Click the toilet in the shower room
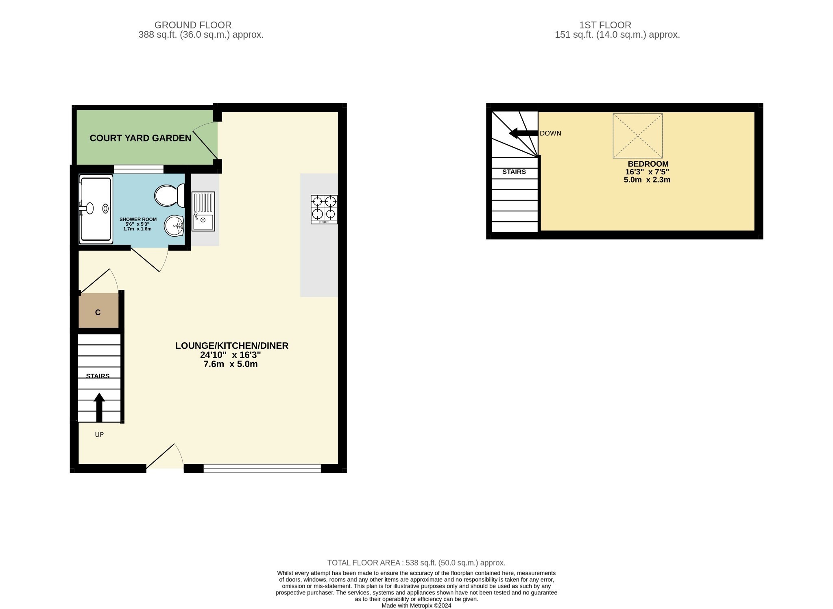(x=170, y=196)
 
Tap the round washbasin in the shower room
(x=174, y=225)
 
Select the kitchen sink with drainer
(x=203, y=211)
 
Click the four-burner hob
(x=324, y=209)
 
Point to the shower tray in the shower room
(x=96, y=209)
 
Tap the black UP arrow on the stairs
(x=99, y=407)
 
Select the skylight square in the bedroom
(x=638, y=136)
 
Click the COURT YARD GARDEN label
(x=140, y=138)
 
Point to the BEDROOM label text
(x=648, y=164)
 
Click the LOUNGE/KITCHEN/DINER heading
(x=232, y=346)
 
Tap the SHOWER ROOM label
(x=138, y=220)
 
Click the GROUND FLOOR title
(x=193, y=25)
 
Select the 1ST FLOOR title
(x=605, y=25)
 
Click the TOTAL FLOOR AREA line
(x=416, y=563)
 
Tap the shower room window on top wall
(x=139, y=169)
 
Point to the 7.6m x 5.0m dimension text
(x=231, y=364)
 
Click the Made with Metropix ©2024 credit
(x=416, y=605)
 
